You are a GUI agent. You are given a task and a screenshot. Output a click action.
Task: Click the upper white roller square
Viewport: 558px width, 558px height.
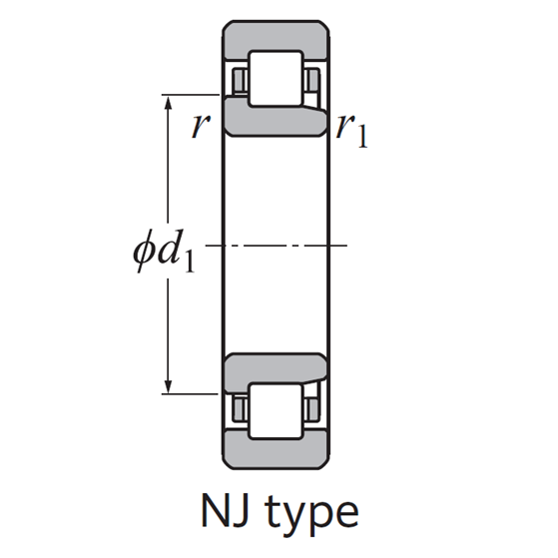click(276, 77)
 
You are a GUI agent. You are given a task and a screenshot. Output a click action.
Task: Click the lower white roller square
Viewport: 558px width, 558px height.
click(276, 409)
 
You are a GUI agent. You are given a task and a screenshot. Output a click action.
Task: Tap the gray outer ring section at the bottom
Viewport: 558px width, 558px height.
click(276, 448)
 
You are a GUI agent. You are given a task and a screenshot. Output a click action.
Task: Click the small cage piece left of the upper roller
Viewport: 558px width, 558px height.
click(239, 79)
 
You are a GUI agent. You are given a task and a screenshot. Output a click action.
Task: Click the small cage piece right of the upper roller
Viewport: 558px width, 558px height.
click(313, 79)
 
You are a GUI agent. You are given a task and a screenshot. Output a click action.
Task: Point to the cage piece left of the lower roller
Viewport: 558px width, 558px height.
click(239, 408)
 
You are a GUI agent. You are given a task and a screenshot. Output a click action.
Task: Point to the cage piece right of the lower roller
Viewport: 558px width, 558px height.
click(313, 408)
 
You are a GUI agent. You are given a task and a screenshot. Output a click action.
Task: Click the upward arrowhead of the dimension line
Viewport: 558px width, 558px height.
click(169, 104)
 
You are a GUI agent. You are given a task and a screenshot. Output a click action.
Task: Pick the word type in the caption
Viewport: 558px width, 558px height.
click(311, 515)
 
